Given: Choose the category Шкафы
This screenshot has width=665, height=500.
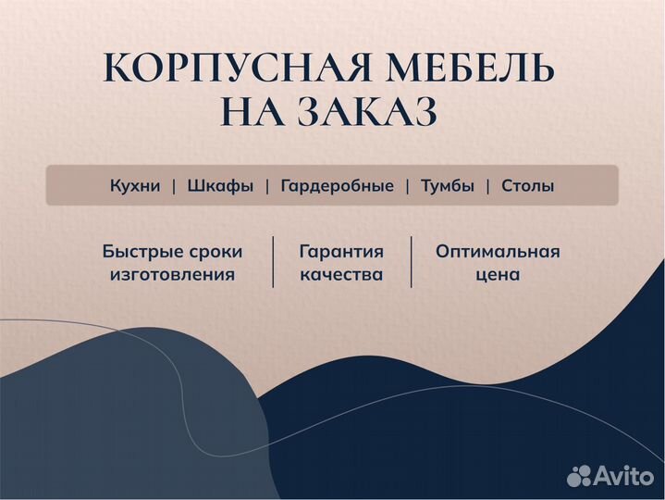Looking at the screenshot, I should pyautogui.click(x=220, y=186).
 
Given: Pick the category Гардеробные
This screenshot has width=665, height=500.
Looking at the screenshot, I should pyautogui.click(x=337, y=186).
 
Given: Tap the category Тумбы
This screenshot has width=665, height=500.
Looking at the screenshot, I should pyautogui.click(x=448, y=186).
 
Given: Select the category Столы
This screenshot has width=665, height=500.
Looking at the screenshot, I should pyautogui.click(x=528, y=186).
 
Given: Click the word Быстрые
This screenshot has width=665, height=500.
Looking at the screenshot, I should pyautogui.click(x=144, y=251).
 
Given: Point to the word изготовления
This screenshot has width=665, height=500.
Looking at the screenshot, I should pyautogui.click(x=172, y=274).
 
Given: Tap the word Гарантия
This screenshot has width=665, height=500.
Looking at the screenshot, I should pyautogui.click(x=341, y=251).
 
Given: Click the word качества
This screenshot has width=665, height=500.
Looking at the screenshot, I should pyautogui.click(x=341, y=274).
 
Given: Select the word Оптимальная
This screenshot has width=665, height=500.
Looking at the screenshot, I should pyautogui.click(x=498, y=251).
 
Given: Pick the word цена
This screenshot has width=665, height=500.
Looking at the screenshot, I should pyautogui.click(x=498, y=274).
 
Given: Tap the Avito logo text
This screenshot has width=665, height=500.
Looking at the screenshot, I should pyautogui.click(x=624, y=475).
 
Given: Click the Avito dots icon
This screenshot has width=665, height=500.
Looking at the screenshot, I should pyautogui.click(x=580, y=475).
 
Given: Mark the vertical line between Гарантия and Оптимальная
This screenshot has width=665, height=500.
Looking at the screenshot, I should pyautogui.click(x=412, y=262).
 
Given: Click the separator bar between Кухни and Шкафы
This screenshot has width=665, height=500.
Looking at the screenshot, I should pyautogui.click(x=174, y=186).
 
